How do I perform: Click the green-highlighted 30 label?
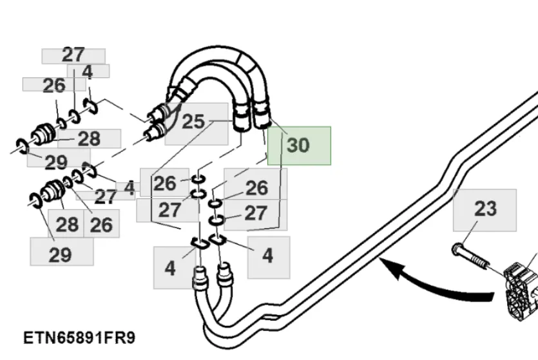point(298,146)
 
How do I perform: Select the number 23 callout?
point(485,209)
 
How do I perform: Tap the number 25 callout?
point(193,121)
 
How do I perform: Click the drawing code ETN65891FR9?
point(80,338)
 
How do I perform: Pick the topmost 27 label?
point(73,55)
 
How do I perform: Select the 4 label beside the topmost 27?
point(88,72)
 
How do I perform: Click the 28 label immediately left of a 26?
point(67,224)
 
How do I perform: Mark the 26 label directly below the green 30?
point(256,188)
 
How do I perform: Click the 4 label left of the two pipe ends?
point(170,267)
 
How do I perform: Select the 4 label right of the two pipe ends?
point(267,255)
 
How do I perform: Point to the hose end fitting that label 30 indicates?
point(263,117)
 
